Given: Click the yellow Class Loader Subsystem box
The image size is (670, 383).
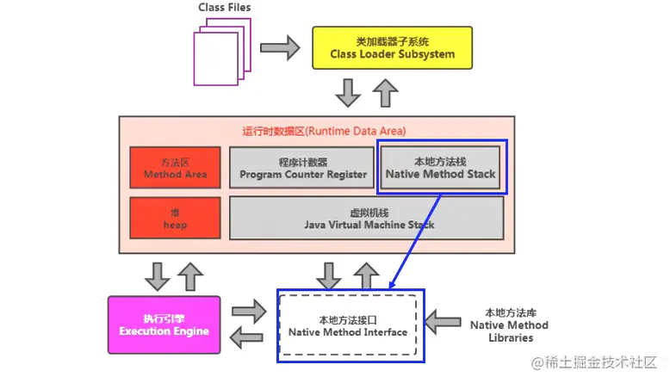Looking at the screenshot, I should pyautogui.click(x=392, y=48).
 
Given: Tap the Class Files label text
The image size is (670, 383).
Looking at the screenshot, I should pyautogui.click(x=224, y=8).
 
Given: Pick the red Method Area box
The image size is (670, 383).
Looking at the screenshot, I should pyautogui.click(x=175, y=168).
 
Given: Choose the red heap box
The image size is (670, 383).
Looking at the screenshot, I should pyautogui.click(x=175, y=219).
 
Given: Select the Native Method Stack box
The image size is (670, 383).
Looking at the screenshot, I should pyautogui.click(x=441, y=168).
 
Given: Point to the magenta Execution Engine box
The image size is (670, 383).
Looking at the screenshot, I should pyautogui.click(x=164, y=325).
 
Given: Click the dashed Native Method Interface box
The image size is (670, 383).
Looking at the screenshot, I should pyautogui.click(x=348, y=326).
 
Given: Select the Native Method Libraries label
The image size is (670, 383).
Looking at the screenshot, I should pyautogui.click(x=509, y=325).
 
